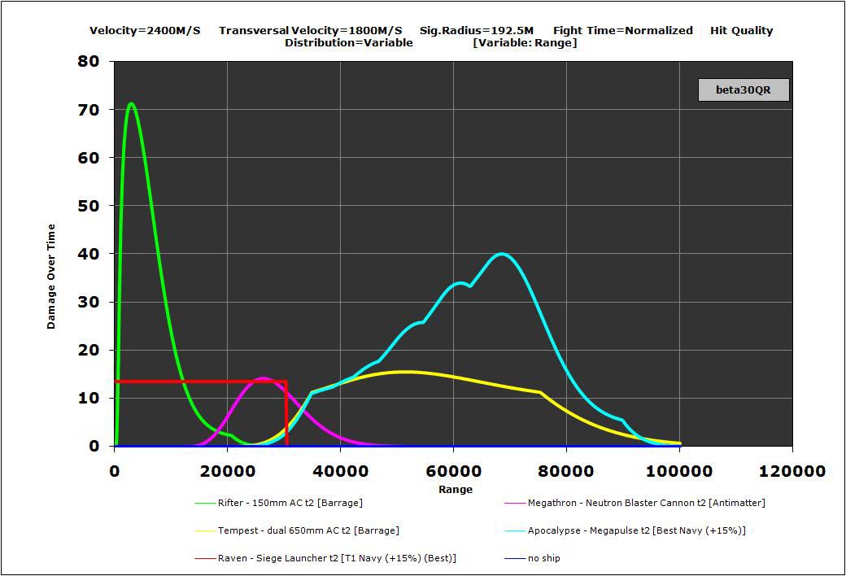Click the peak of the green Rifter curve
(x=131, y=104)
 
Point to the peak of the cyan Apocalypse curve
(x=503, y=254)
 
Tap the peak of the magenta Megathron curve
(x=264, y=378)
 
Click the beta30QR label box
(x=744, y=89)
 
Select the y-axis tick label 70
(x=89, y=110)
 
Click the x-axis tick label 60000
(x=453, y=471)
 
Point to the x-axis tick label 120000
(x=791, y=471)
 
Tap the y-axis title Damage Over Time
(x=51, y=276)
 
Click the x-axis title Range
(x=456, y=490)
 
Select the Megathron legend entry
(x=646, y=503)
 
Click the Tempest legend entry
(x=308, y=530)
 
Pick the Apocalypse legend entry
(x=636, y=530)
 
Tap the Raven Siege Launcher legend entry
(x=337, y=558)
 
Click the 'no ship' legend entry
(x=543, y=558)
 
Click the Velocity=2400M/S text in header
(x=145, y=31)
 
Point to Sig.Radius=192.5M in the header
(x=477, y=31)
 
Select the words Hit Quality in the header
(x=741, y=31)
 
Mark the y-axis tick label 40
(x=89, y=254)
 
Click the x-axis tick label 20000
(x=227, y=471)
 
